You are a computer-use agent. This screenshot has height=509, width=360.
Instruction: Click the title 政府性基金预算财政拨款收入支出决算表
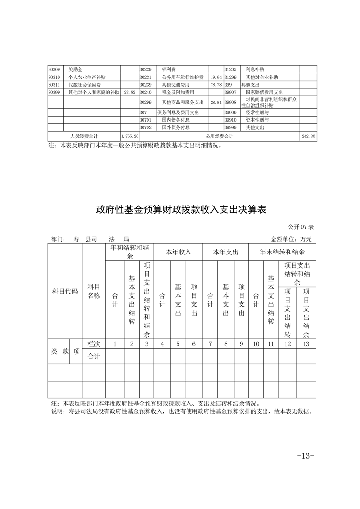click(x=180, y=210)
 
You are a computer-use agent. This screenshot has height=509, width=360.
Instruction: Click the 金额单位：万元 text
click(x=291, y=239)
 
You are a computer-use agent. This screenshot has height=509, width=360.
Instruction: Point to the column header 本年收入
click(x=178, y=252)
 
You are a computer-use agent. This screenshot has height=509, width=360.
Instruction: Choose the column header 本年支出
click(x=226, y=252)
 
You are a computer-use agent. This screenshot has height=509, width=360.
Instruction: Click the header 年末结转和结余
click(x=282, y=252)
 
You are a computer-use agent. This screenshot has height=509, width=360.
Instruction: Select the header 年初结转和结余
click(x=129, y=252)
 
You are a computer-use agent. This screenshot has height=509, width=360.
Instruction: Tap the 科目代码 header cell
click(x=65, y=291)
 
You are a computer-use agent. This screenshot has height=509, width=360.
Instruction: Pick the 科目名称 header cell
click(x=94, y=291)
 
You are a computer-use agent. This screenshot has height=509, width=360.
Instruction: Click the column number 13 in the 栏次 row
click(x=306, y=344)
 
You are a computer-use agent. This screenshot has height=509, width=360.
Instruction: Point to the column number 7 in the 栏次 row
click(x=210, y=344)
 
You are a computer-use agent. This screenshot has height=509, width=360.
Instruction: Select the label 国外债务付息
click(x=176, y=127)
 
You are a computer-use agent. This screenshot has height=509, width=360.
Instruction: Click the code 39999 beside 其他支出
click(x=231, y=127)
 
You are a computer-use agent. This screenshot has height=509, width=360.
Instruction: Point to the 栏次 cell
click(x=94, y=344)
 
